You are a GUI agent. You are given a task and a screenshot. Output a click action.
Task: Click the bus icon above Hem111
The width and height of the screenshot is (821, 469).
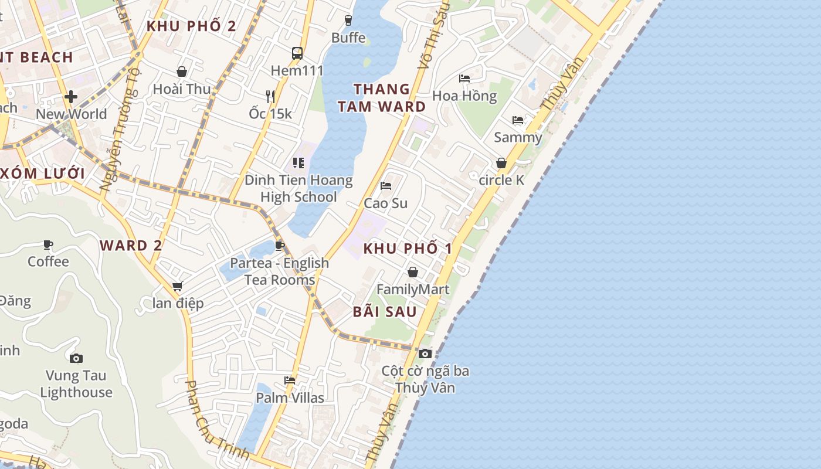297,53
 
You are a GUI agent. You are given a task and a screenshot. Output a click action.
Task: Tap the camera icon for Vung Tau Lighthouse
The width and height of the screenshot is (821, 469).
76,358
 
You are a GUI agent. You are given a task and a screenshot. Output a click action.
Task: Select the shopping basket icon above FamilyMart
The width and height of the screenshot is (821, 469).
413,272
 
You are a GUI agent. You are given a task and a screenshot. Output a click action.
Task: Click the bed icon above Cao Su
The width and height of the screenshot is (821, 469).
385,186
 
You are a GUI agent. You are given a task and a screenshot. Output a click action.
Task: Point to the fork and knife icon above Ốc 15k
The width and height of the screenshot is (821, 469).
270,96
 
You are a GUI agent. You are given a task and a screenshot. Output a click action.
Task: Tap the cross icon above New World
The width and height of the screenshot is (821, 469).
71,96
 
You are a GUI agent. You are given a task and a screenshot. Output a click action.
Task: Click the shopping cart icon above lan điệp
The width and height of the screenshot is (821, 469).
177,286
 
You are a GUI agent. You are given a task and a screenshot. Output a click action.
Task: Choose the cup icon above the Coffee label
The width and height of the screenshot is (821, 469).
48,244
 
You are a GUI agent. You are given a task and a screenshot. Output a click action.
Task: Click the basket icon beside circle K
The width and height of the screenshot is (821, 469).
501,163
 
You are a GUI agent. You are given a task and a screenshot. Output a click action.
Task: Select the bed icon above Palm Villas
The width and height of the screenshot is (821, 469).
290,380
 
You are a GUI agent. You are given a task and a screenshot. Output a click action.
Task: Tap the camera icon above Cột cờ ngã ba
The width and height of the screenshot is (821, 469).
425,354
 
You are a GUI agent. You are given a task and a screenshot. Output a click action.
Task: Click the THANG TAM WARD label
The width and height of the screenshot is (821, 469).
382,98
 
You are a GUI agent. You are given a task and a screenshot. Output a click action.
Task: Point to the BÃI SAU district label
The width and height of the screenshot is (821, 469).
385,312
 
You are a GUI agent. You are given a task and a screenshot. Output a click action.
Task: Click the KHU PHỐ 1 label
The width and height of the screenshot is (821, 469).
408,249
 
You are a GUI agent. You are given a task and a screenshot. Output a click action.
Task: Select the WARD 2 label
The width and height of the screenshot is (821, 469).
131,246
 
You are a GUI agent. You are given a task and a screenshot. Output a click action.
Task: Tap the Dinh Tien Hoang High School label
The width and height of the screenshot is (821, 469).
298,188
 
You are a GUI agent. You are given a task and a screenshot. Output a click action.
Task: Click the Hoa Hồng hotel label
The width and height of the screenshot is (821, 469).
464,96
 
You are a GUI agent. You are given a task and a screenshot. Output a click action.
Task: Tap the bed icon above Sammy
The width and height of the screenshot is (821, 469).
518,120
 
